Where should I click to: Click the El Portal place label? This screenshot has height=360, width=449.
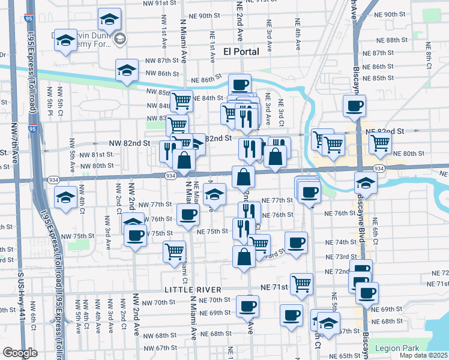[241, 52]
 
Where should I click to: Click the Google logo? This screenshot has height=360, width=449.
[20, 353]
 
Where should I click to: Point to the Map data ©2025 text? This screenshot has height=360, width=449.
[423, 355]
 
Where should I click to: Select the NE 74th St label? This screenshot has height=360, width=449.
[341, 242]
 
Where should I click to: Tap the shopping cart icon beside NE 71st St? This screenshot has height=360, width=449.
[301, 283]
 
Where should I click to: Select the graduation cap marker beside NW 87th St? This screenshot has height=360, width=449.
[127, 71]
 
